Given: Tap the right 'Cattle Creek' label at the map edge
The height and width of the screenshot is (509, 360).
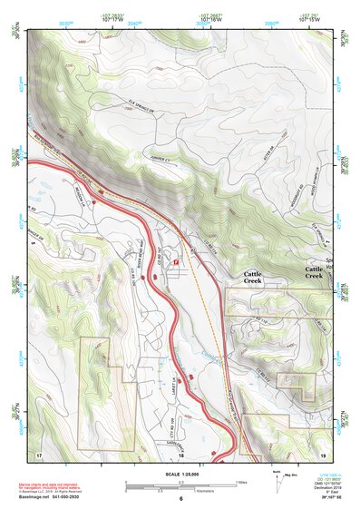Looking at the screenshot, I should pyautogui.click(x=314, y=272).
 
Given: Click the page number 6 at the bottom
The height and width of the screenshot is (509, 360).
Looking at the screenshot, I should pyautogui.click(x=180, y=498).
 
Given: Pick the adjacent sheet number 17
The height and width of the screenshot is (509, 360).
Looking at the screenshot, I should pyautogui.click(x=39, y=453).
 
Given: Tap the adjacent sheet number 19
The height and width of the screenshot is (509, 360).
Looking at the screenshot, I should pyautogui.click(x=322, y=453).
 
